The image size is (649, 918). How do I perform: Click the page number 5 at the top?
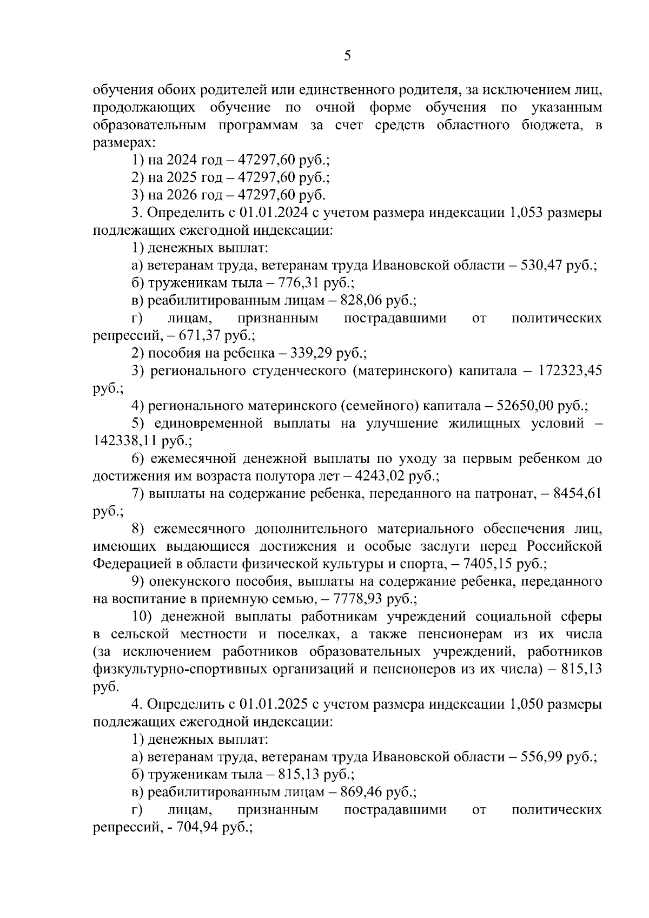(347, 56)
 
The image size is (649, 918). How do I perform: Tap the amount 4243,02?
(382, 476)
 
